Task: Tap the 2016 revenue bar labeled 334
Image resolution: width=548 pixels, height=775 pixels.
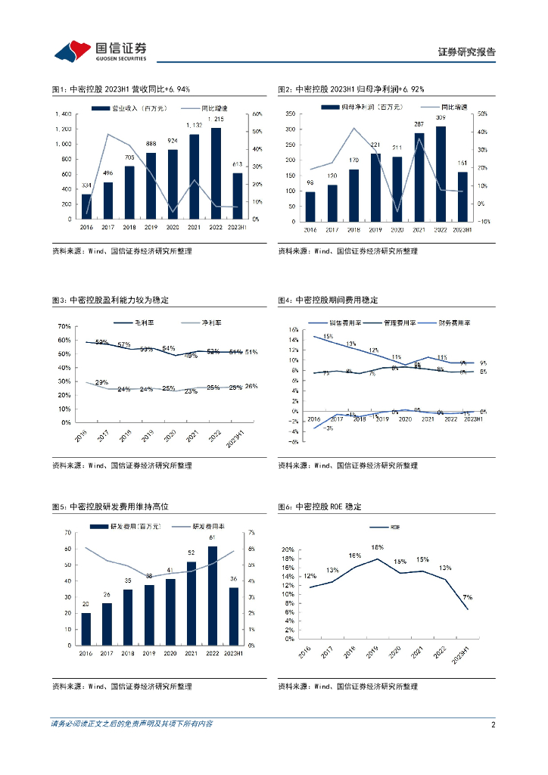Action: (x=86, y=207)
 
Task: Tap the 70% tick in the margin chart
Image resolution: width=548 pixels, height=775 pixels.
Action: (x=64, y=326)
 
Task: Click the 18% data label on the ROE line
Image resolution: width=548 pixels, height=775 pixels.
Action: (x=377, y=548)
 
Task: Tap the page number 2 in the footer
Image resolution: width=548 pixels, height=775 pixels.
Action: (x=493, y=724)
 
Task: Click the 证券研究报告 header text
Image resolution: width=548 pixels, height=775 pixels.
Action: (x=467, y=52)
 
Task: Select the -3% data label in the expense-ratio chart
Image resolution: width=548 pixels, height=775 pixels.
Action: (x=328, y=428)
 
